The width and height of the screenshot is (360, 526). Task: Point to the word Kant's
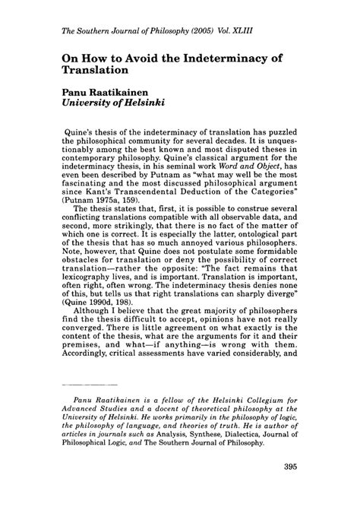pyautogui.click(x=91, y=219)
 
